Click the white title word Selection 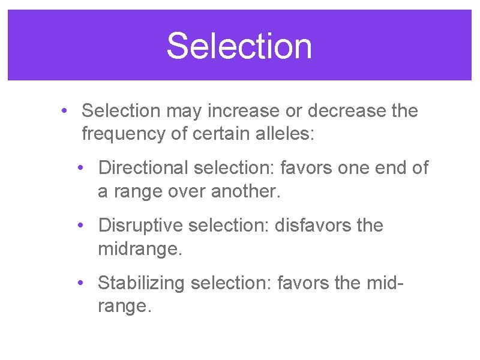coord(239,46)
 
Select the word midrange coord(139,248)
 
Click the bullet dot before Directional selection coord(81,169)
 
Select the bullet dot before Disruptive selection coord(81,226)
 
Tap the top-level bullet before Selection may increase coord(64,111)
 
